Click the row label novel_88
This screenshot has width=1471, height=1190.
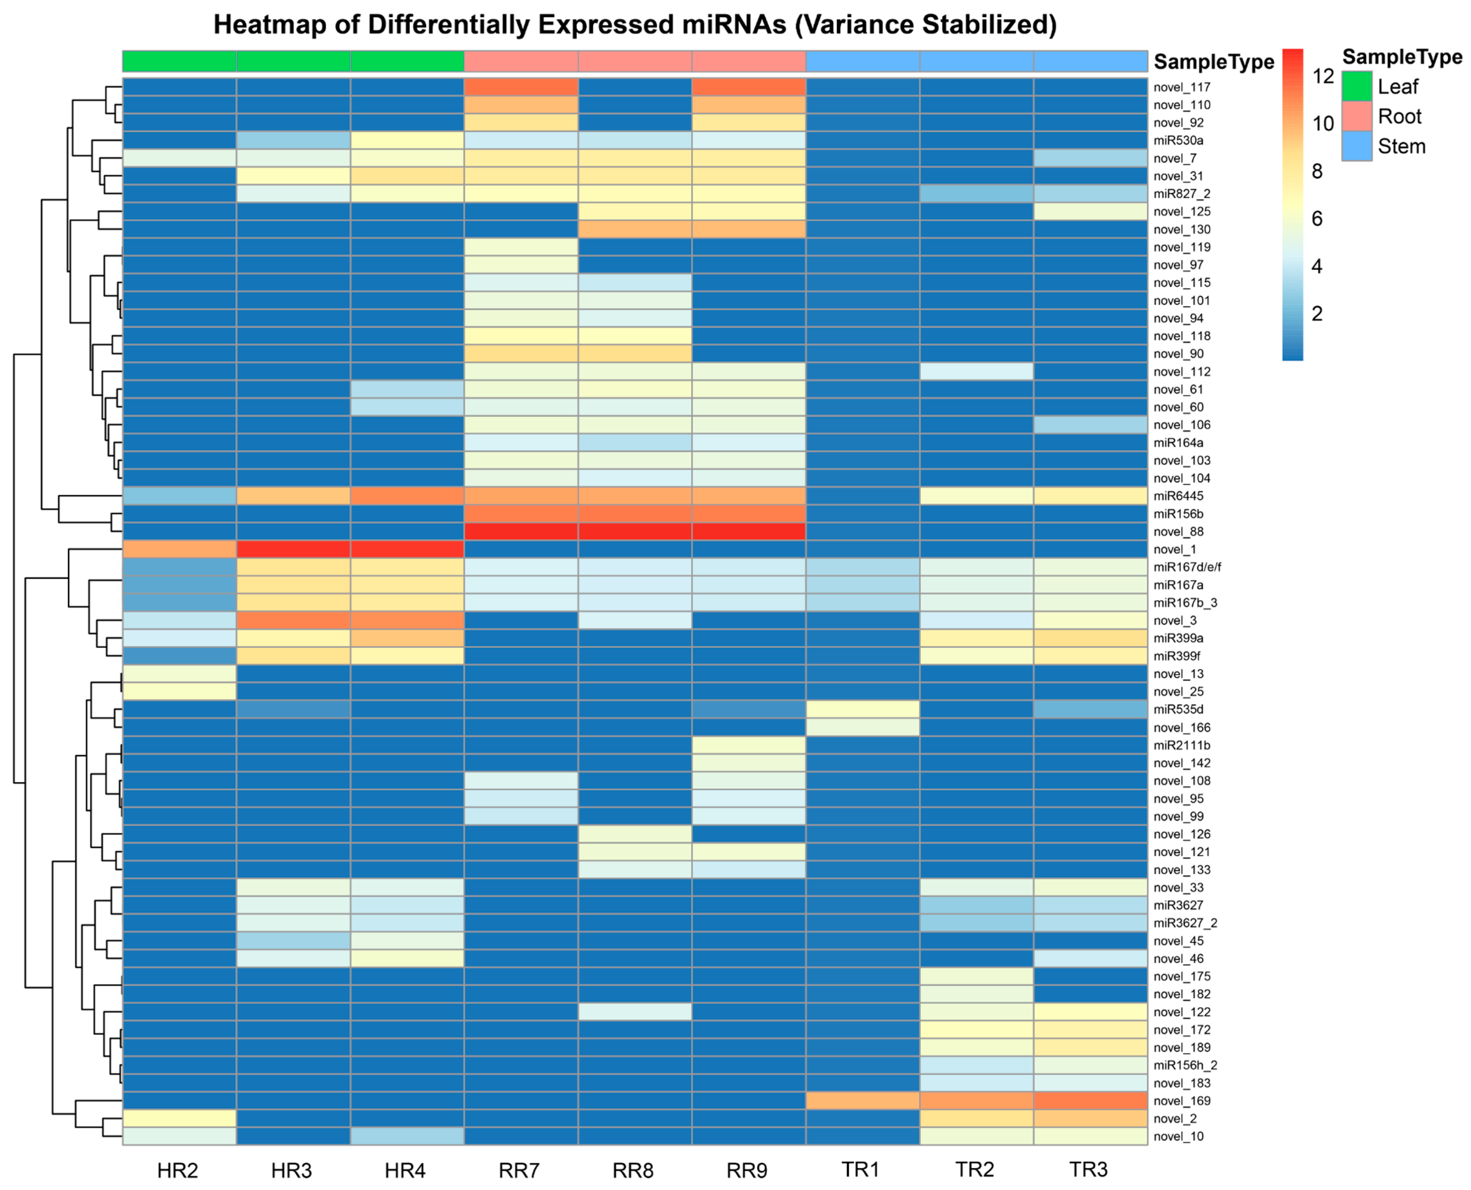point(1178,531)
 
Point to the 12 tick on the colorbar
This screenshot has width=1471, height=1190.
point(1322,76)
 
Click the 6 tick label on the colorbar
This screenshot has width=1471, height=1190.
point(1317,219)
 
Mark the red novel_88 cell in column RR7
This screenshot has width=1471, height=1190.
point(521,531)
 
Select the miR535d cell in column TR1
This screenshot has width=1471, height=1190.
point(862,709)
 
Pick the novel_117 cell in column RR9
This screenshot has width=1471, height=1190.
point(748,87)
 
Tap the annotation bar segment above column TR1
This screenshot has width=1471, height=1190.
point(862,61)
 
